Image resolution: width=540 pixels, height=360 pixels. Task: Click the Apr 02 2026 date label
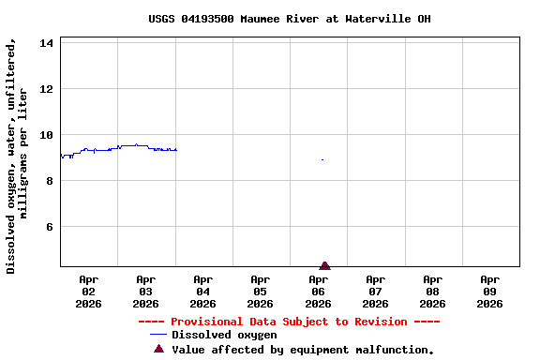pyautogui.click(x=89, y=291)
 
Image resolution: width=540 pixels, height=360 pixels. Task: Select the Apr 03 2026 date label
pyautogui.click(x=146, y=291)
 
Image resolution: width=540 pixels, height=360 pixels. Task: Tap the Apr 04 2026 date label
pyautogui.click(x=203, y=291)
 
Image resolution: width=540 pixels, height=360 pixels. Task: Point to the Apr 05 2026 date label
pyautogui.click(x=261, y=291)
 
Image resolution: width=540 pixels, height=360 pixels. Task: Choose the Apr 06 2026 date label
pyautogui.click(x=319, y=291)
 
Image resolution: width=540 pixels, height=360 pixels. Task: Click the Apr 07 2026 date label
pyautogui.click(x=376, y=291)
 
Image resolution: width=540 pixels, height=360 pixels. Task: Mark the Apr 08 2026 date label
pyautogui.click(x=433, y=291)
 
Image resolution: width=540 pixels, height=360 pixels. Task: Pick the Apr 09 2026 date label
pyautogui.click(x=490, y=291)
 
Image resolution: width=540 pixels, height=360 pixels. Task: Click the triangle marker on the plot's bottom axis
pyautogui.click(x=324, y=266)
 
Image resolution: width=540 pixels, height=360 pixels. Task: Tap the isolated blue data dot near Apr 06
pyautogui.click(x=322, y=159)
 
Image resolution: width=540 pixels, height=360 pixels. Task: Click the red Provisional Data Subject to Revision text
pyautogui.click(x=289, y=322)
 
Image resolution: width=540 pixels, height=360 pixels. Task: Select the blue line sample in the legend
pyautogui.click(x=157, y=335)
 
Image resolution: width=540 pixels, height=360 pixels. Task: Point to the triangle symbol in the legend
pyautogui.click(x=158, y=349)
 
